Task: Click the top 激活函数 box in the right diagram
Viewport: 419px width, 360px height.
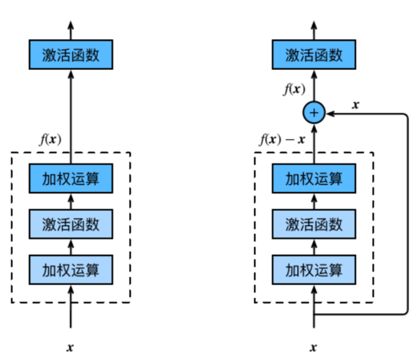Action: tap(313, 54)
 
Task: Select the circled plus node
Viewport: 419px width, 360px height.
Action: tap(313, 113)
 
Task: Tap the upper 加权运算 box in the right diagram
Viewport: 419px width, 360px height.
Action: tap(313, 180)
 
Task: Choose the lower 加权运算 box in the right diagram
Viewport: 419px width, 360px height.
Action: tap(313, 269)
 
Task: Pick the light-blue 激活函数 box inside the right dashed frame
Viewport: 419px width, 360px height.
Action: tap(313, 225)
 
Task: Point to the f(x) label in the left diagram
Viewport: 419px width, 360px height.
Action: tap(50, 140)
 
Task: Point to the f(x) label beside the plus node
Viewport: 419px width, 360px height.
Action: tap(293, 89)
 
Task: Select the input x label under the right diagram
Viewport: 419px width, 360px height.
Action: tap(313, 346)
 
